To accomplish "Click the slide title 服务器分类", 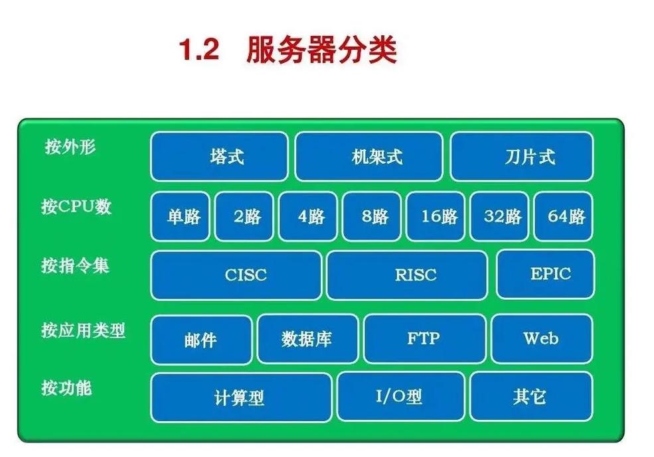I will [321, 51].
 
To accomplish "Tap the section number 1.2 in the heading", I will [199, 51].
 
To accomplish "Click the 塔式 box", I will [219, 157].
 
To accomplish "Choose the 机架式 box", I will [368, 157].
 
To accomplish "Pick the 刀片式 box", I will [522, 157].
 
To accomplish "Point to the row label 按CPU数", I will [76, 206].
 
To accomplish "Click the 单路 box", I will [180, 216].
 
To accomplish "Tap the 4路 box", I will [310, 216].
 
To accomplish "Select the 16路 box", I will [438, 216].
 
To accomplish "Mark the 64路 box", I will [565, 216].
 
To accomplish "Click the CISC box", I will [236, 275].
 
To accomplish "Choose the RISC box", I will [407, 275].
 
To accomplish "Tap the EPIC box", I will [545, 273].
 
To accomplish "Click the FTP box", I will [424, 338].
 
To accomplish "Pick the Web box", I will [541, 338].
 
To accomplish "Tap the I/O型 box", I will [400, 397].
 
